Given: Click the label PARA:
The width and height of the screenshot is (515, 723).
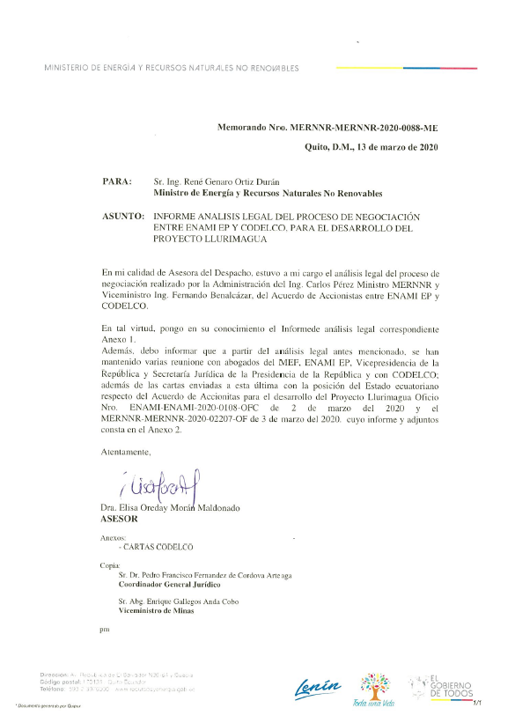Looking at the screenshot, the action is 117,181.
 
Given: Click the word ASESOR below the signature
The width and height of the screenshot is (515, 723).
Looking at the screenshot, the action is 121,520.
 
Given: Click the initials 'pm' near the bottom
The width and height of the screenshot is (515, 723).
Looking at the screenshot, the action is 106,630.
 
